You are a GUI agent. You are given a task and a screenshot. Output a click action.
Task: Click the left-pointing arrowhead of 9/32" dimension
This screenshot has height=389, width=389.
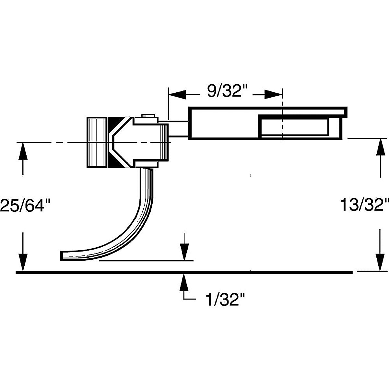177,94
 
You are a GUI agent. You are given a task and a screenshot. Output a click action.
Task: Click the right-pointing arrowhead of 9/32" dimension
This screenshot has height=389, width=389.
274,94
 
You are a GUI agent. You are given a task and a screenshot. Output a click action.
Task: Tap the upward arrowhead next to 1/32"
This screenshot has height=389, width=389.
184,281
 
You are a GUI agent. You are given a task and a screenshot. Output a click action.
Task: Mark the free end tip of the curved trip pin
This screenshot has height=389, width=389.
62,255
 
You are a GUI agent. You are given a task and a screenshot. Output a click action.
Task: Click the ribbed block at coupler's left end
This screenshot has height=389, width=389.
97,142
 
